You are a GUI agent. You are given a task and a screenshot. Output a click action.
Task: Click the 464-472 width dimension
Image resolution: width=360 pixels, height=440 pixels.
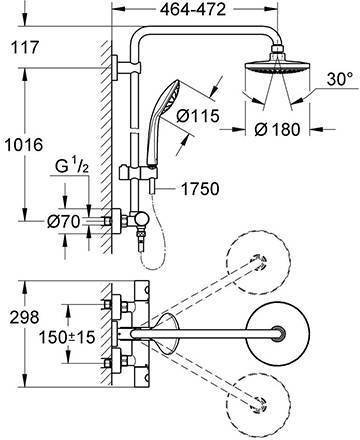tap(193, 10)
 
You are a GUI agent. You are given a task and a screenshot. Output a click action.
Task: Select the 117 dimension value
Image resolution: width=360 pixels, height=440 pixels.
tap(25, 47)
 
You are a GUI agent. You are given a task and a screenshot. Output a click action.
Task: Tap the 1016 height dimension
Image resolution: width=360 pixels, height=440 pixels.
tap(24, 145)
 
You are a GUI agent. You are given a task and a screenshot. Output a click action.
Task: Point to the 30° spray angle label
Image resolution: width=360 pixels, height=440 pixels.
tap(340, 80)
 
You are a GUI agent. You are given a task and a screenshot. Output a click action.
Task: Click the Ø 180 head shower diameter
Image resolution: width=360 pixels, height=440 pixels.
tap(277, 129)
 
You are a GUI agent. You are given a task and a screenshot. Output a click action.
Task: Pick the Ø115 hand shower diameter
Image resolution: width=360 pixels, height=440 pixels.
tap(198, 116)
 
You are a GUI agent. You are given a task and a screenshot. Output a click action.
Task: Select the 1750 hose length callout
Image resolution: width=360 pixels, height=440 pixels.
tap(200, 189)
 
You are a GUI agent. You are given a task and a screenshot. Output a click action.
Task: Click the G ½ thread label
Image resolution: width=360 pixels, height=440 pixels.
tap(72, 166)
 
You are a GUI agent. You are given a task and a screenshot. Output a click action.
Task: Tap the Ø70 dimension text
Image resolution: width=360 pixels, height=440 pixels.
tap(63, 221)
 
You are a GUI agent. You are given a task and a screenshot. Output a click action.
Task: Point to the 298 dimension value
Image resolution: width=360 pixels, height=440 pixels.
tap(24, 317)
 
